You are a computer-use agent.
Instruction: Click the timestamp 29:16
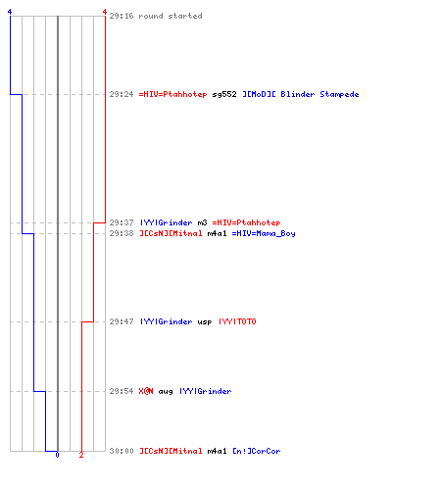click(x=122, y=16)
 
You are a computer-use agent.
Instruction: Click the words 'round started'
click(x=171, y=16)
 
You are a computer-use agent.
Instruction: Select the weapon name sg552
click(x=224, y=94)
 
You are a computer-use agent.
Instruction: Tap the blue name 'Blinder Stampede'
click(x=319, y=94)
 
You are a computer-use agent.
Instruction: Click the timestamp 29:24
click(x=122, y=94)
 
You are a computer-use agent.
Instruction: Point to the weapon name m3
click(x=202, y=222)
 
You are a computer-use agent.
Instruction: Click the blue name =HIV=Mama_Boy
click(x=264, y=233)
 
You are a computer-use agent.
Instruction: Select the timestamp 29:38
click(x=122, y=233)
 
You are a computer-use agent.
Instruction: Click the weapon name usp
click(x=205, y=322)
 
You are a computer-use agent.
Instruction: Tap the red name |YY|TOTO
click(x=237, y=321)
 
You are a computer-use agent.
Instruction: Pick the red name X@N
click(x=146, y=391)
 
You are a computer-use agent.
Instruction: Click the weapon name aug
click(x=166, y=392)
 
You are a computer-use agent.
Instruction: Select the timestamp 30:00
click(x=122, y=451)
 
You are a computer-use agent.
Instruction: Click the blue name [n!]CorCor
click(x=257, y=451)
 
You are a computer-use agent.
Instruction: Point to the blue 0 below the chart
click(x=57, y=455)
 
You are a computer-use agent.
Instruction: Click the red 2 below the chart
click(x=81, y=455)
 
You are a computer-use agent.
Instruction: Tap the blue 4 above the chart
click(x=10, y=12)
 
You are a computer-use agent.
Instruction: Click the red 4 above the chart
click(x=105, y=12)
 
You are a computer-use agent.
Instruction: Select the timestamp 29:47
click(x=122, y=321)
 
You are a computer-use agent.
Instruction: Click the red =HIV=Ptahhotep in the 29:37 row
click(x=246, y=222)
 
